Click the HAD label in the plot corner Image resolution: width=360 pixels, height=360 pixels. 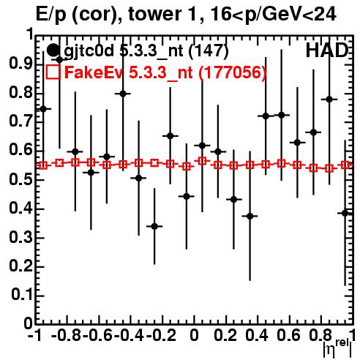point(327,50)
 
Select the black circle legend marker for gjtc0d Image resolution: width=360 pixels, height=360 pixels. point(53,50)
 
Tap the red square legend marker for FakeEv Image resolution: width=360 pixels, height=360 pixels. point(53,72)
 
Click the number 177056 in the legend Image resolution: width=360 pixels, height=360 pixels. point(233,72)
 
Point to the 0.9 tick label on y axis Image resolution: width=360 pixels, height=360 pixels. point(20,64)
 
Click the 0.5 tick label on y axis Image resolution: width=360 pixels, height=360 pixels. point(20,179)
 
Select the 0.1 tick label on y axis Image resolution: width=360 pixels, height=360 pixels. point(21,295)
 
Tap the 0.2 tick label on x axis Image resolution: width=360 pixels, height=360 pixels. point(225,335)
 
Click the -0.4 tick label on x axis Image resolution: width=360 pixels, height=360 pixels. point(129,335)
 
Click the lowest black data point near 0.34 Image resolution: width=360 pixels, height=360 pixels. point(154,226)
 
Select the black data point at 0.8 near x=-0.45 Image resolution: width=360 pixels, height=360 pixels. point(123,94)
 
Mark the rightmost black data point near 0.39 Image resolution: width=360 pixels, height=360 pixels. point(345,213)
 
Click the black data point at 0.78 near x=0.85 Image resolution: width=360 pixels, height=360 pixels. point(329,100)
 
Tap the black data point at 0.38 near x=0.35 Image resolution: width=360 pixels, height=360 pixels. point(250,216)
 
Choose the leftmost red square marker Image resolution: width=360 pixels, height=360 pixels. point(43,165)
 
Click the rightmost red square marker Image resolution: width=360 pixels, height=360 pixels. point(345,165)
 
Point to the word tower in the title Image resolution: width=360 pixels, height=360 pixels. point(154,14)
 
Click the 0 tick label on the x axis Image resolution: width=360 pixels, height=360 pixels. point(194,335)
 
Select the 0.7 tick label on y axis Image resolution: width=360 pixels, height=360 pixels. point(20,121)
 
